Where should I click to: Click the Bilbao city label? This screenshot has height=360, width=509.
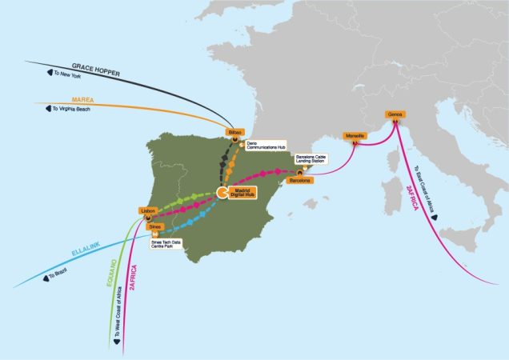(234, 130)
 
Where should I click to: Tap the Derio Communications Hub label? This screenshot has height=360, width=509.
(263, 145)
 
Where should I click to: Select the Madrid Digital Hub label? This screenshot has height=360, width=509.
(242, 193)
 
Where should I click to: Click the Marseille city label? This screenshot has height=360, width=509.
(355, 136)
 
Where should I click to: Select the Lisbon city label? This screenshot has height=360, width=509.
(146, 211)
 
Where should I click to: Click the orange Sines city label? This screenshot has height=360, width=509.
(155, 227)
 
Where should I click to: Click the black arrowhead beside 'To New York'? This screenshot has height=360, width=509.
(38, 73)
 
